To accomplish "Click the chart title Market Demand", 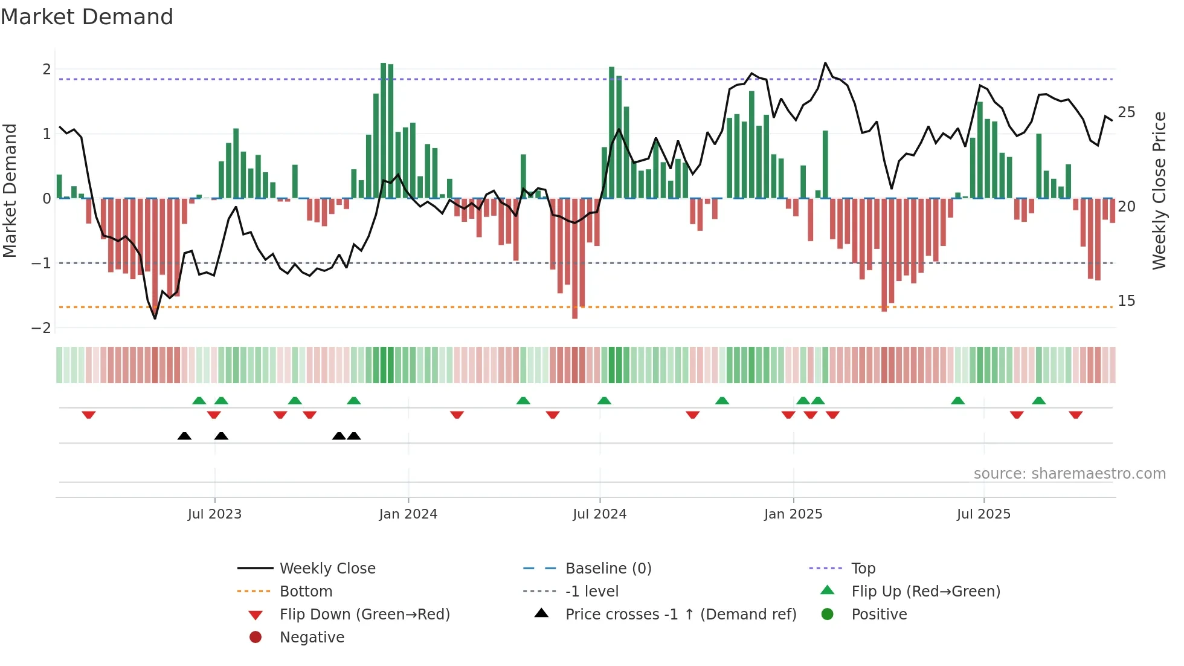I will point(87,17).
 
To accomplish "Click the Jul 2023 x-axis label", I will point(214,514).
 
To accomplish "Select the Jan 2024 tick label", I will point(408,514).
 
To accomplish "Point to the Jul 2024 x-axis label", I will point(600,514).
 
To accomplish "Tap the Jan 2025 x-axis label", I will point(793,514).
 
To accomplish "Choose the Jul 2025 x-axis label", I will point(983,514).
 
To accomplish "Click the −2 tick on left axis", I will point(41,328).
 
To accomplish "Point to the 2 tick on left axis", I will point(47,70).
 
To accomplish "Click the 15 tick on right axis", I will point(1126,301).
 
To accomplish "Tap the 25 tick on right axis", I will point(1126,112).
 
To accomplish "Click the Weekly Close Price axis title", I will point(1159,190).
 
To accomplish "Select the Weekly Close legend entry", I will point(327,569).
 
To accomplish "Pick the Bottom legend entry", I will point(306,592).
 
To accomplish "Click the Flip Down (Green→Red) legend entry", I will point(364,615).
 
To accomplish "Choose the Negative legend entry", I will point(312,638).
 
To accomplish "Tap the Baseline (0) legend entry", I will point(608,569).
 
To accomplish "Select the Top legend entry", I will point(863,569).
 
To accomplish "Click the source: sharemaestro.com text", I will point(1069,474).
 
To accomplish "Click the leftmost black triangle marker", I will point(184,436).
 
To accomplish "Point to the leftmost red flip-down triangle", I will point(89,415).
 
